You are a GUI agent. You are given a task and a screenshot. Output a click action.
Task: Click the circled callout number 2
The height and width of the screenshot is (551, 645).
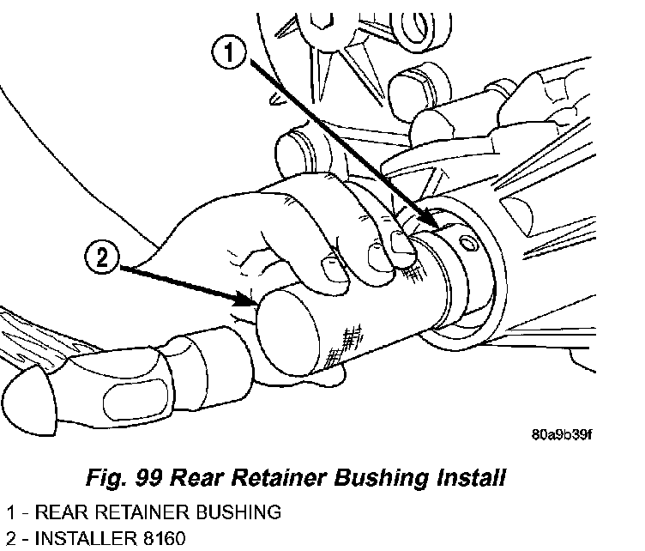101,258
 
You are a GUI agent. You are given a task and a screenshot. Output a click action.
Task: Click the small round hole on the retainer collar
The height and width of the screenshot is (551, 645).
468,244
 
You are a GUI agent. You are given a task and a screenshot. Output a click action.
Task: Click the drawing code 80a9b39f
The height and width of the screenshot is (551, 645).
561,434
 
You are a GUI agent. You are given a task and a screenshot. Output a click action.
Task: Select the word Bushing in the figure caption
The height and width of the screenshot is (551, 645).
382,478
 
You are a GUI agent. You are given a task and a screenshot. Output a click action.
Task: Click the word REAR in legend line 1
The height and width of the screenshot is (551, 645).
62,512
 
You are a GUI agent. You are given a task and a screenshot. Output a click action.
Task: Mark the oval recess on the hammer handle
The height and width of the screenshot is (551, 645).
136,401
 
